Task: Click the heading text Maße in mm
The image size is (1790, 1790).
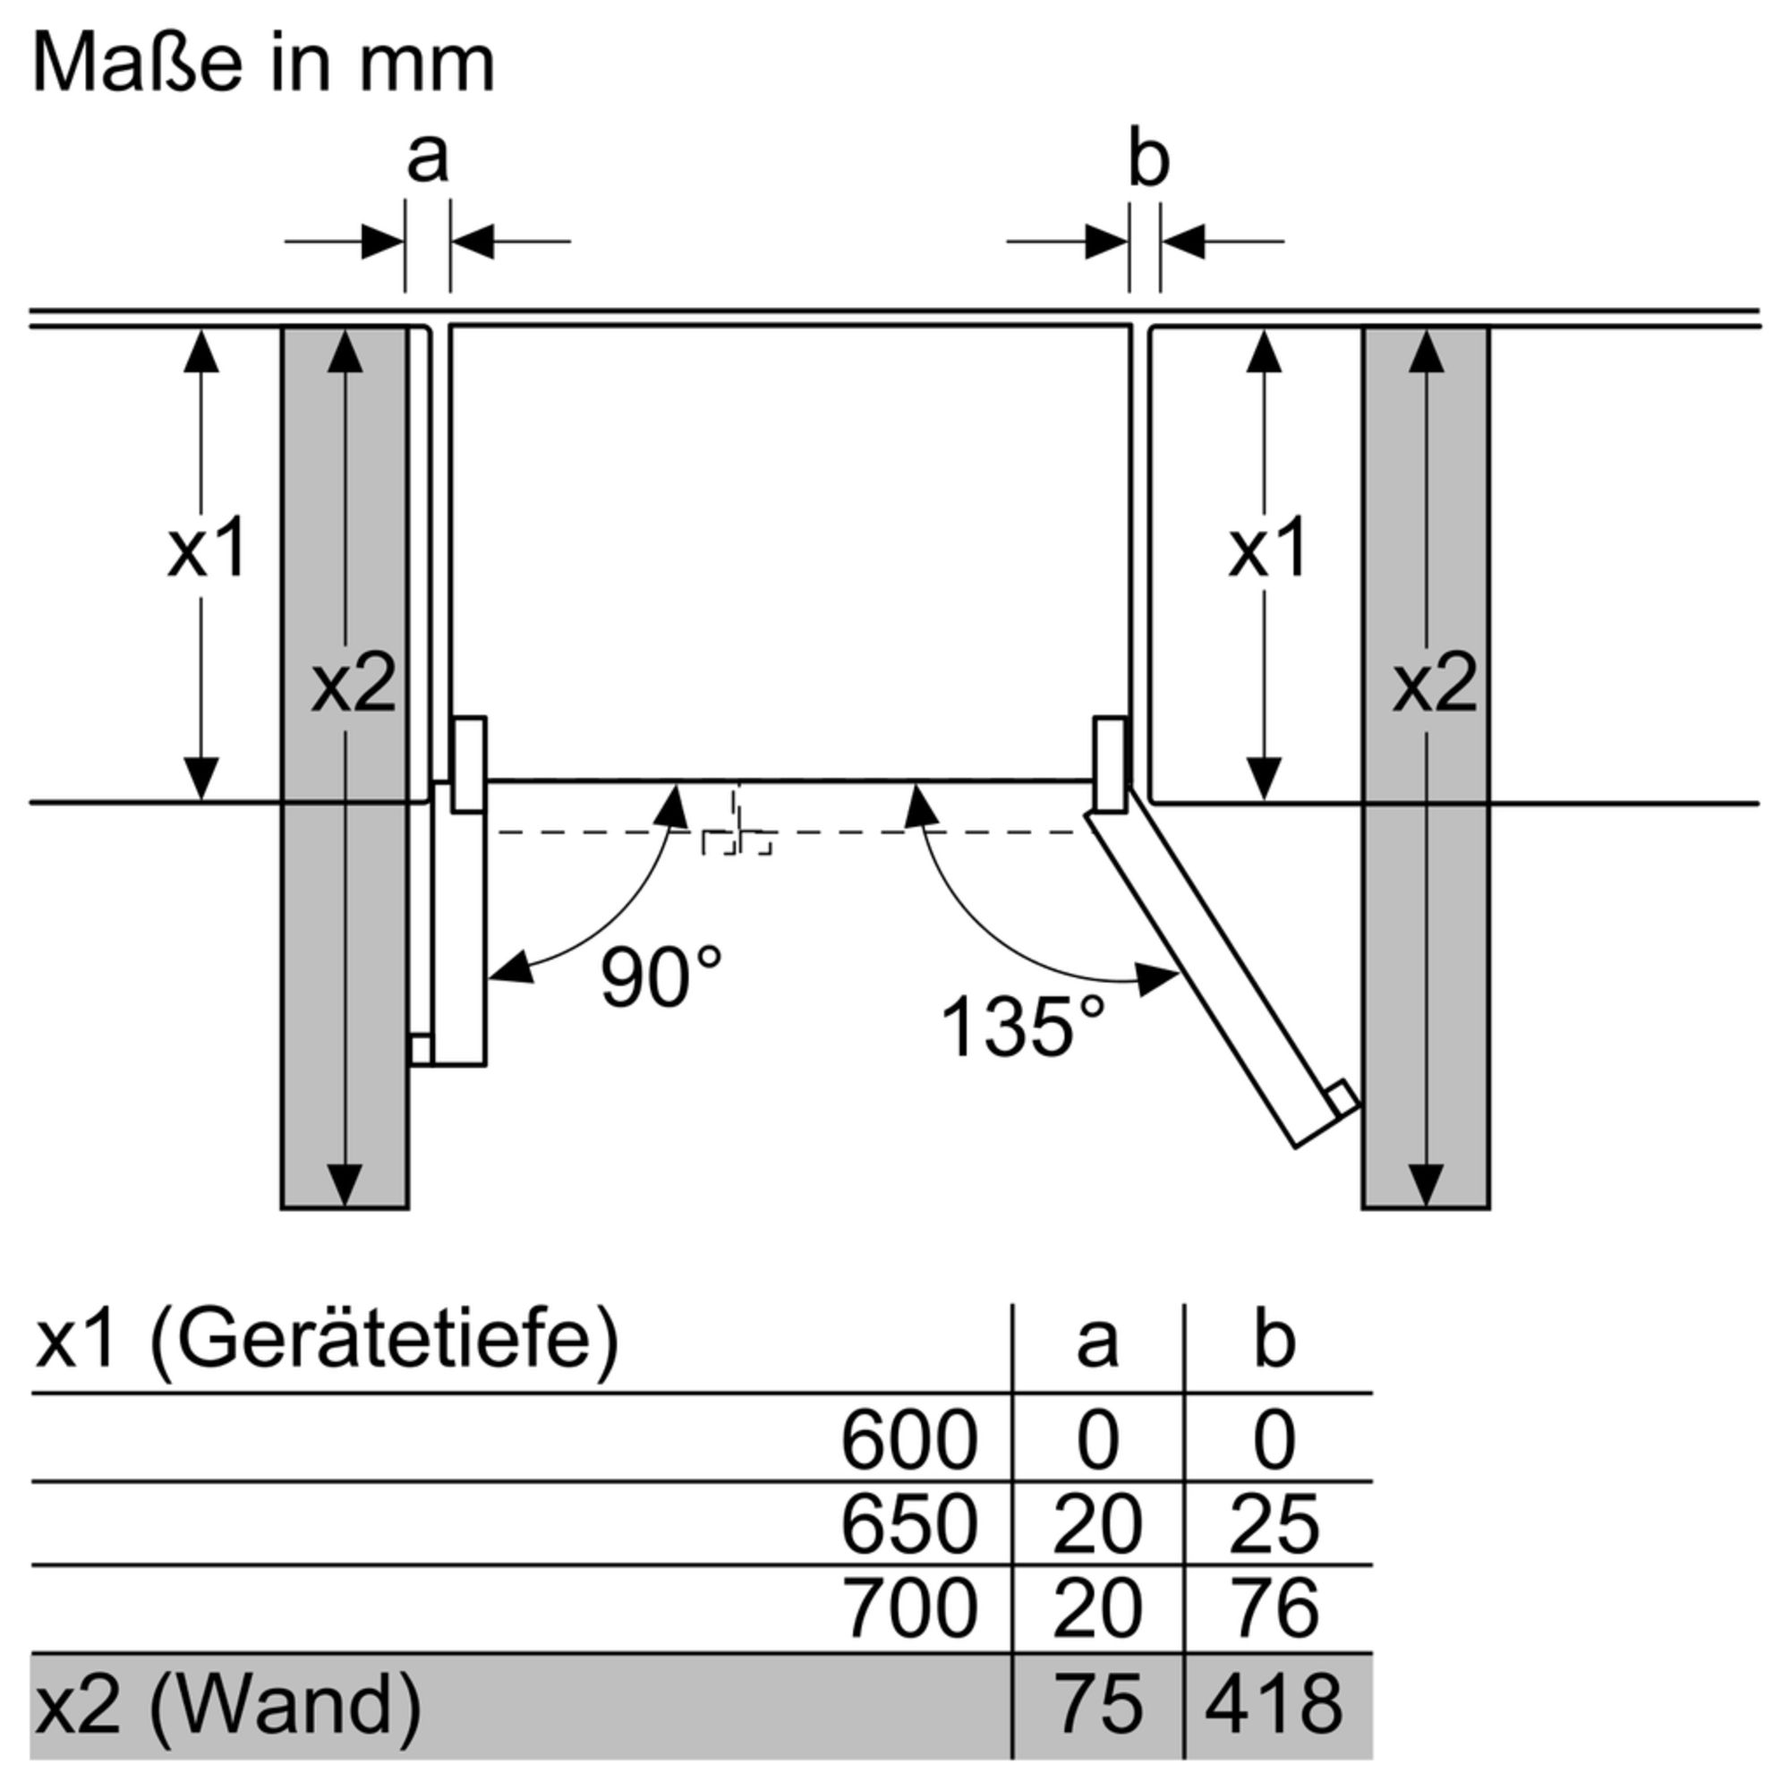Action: [x=264, y=63]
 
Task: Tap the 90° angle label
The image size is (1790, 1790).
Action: [x=661, y=977]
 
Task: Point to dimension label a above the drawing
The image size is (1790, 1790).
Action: [x=427, y=159]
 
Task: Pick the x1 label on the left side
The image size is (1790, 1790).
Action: [x=207, y=549]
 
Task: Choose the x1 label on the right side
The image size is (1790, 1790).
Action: [x=1267, y=549]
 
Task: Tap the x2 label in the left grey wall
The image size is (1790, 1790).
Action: [x=353, y=684]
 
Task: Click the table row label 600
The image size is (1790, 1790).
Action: [x=909, y=1440]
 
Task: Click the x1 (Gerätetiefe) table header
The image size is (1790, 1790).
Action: [x=326, y=1342]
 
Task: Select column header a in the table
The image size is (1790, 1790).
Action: [x=1098, y=1343]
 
